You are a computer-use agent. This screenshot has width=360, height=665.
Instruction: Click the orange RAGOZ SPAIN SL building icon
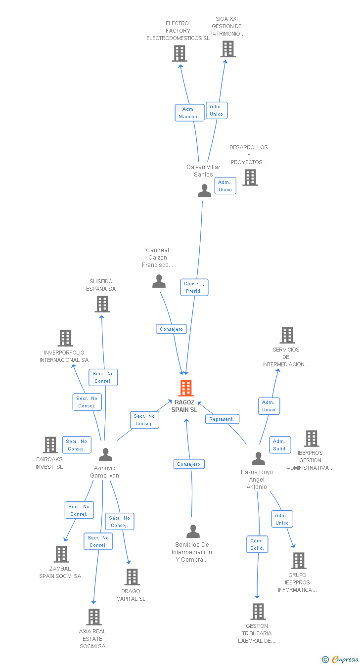point(186,388)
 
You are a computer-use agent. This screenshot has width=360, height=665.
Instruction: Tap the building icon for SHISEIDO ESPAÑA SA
point(102,304)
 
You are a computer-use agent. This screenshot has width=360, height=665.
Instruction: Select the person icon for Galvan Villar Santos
point(204,191)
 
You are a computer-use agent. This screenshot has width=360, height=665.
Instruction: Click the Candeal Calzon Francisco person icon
point(159,281)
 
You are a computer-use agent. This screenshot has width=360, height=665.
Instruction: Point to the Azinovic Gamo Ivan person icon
point(105,454)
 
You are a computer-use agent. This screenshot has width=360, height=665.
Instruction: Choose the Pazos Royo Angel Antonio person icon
point(258,459)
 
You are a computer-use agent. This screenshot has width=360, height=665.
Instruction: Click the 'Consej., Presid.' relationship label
point(194,287)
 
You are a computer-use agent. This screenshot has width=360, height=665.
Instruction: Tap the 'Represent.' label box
point(222,419)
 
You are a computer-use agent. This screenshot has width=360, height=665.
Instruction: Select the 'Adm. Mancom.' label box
point(189,113)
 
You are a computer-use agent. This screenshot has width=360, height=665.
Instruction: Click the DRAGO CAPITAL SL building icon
point(132,576)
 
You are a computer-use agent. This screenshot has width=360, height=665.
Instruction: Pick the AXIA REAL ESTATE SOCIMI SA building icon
point(94,617)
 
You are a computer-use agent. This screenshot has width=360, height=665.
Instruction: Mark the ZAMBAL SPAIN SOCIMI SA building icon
point(61,554)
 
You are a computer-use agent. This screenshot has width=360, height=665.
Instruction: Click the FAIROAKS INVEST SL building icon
point(50,445)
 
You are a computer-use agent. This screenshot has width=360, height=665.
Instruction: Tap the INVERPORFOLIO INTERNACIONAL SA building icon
point(65,338)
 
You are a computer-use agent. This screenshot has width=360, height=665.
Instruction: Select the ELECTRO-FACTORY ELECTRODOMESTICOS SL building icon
point(180,53)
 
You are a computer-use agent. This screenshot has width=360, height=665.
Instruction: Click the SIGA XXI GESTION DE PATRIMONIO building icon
point(228,49)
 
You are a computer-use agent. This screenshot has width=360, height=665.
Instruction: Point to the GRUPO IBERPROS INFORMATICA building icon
point(299,561)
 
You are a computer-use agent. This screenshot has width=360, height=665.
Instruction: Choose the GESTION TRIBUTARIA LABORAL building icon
point(258,612)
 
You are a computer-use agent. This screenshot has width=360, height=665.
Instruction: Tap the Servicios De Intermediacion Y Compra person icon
point(193,532)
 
